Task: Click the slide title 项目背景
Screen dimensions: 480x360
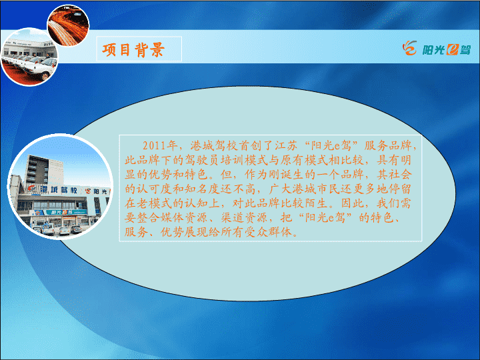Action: tap(133, 49)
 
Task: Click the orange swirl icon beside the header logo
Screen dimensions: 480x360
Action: tap(409, 48)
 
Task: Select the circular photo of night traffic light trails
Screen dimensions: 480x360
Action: tap(68, 25)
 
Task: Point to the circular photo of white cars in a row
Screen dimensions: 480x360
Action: tap(30, 57)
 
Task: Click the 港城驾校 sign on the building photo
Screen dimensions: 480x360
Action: tap(59, 189)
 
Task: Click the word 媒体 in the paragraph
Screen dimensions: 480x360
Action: tap(172, 217)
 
